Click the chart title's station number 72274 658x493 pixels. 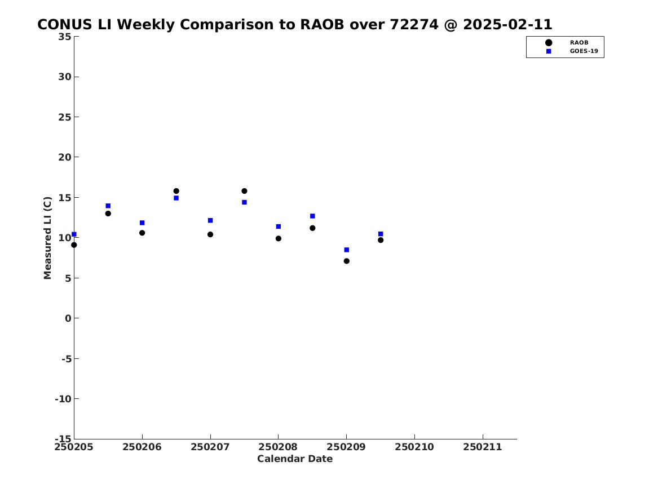click(x=414, y=25)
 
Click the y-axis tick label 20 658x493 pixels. click(x=65, y=157)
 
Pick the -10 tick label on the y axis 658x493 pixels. click(x=63, y=399)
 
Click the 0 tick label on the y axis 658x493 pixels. click(x=68, y=318)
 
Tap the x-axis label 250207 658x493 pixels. click(x=210, y=447)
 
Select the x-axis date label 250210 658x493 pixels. click(x=414, y=447)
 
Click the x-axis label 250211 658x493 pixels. click(x=483, y=447)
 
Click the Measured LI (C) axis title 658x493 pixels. click(x=47, y=238)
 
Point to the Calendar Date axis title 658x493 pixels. click(x=295, y=459)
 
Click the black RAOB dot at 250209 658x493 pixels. click(x=347, y=261)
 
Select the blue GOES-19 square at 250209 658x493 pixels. click(x=347, y=250)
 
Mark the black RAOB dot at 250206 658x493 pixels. click(x=142, y=233)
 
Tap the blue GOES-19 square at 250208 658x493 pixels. click(x=278, y=226)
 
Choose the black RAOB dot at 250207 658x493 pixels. click(x=210, y=234)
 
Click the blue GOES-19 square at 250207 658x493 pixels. click(x=210, y=220)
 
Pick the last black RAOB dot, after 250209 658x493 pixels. click(x=381, y=240)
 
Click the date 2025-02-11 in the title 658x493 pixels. click(x=507, y=25)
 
